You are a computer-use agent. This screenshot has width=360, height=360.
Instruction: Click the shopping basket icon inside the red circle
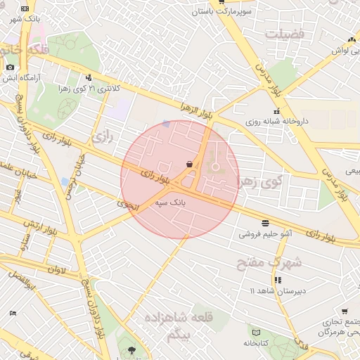point(189,165)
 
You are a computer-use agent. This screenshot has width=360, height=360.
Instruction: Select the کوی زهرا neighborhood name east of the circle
point(259,183)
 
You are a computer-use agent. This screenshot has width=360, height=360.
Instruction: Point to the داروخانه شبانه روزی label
point(277,121)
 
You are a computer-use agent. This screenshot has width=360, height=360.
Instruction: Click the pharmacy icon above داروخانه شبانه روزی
point(277,110)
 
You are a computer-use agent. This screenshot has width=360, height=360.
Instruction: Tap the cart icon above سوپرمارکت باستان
point(222,2)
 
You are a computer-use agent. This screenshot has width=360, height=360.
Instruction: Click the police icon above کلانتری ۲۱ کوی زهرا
point(89,78)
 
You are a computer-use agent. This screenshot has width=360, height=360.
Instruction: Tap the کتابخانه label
point(257,343)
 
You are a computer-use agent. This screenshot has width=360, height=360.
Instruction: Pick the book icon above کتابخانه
point(256,333)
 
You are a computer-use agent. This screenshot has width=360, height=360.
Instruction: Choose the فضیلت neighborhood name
point(285,33)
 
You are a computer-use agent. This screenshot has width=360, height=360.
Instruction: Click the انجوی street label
point(129,205)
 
